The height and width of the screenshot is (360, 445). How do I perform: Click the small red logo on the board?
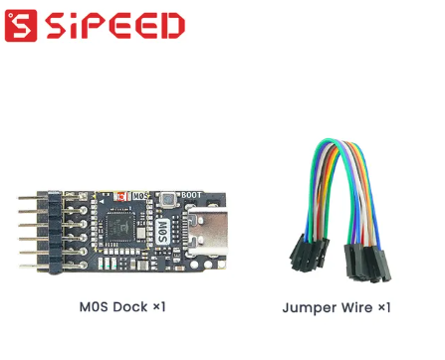coord(122,196)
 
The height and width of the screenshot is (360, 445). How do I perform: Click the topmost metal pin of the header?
coord(28,200)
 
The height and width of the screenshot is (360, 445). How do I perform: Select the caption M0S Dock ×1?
coord(122,307)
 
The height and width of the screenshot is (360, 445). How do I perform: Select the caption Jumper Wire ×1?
coord(336,307)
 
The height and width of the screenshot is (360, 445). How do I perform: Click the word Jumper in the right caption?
coord(309,307)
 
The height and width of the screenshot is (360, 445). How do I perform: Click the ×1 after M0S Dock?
coord(158,307)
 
